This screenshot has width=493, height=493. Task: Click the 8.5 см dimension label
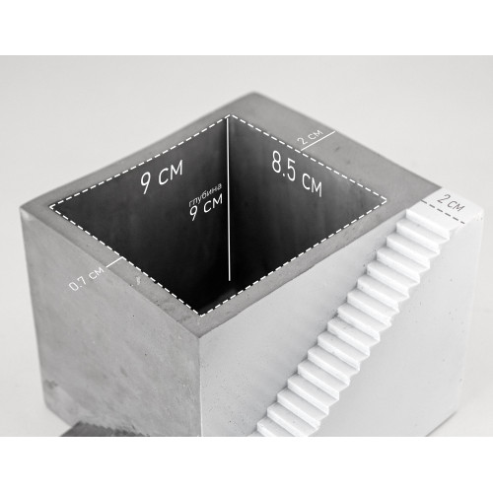(297, 174)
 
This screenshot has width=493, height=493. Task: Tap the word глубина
(205, 194)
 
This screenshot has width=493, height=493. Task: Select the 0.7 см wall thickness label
(87, 279)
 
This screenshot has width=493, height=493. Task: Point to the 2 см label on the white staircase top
(450, 203)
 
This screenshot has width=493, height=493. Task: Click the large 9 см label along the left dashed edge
(161, 177)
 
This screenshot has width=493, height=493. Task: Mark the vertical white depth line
(229, 199)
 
